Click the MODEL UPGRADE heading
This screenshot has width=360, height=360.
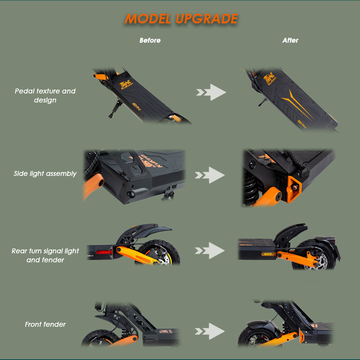click(x=181, y=19)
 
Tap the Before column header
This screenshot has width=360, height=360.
click(x=150, y=40)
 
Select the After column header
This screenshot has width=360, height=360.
click(x=290, y=40)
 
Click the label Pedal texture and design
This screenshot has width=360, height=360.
click(x=45, y=95)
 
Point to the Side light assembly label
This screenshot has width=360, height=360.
click(x=45, y=174)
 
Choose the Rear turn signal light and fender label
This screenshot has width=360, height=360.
click(x=45, y=255)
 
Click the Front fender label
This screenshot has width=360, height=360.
click(x=45, y=324)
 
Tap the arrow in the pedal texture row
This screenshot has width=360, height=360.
click(x=212, y=92)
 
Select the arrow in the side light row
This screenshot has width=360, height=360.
click(x=211, y=175)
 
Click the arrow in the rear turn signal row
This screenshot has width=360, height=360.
click(x=211, y=251)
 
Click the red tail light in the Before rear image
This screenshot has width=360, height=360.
click(x=104, y=252)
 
